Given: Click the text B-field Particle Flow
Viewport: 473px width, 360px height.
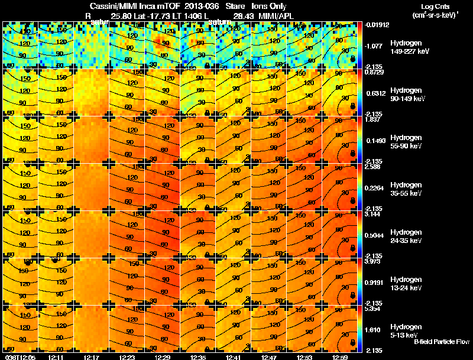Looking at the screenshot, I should click(441, 342).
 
